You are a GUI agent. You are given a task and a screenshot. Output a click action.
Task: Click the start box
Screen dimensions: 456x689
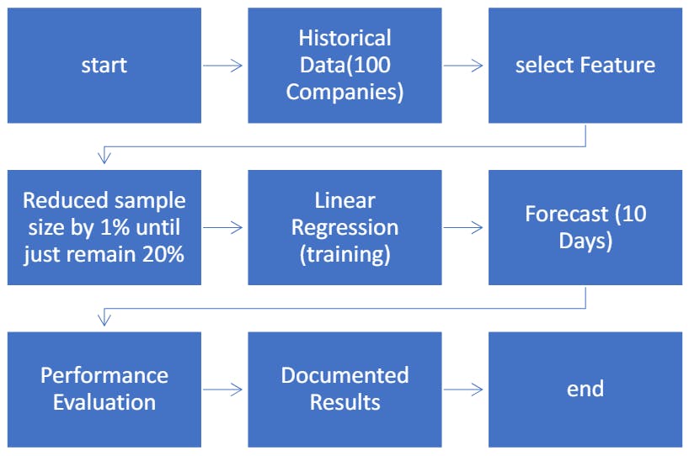click(104, 66)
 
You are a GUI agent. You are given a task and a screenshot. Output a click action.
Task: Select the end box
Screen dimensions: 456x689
click(585, 389)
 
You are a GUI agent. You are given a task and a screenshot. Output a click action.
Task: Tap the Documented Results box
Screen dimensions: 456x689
click(344, 389)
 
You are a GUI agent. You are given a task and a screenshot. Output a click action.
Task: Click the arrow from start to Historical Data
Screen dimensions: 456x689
click(224, 66)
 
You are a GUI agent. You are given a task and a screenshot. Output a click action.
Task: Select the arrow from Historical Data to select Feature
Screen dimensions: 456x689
click(464, 66)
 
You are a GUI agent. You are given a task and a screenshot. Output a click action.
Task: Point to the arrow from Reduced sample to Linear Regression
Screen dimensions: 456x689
click(224, 227)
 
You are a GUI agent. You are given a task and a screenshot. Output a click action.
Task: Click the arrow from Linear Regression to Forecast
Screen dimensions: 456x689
click(464, 227)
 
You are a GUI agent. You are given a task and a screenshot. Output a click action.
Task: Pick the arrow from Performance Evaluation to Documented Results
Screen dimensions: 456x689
click(224, 389)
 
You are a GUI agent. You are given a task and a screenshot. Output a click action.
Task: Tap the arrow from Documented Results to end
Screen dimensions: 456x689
click(464, 389)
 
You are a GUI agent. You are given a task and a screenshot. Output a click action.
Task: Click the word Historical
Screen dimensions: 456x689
click(344, 39)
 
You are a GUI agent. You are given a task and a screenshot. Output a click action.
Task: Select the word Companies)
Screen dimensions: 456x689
click(344, 92)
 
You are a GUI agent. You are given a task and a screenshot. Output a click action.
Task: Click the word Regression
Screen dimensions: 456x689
click(344, 227)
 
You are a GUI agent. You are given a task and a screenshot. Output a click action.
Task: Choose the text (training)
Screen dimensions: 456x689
click(344, 254)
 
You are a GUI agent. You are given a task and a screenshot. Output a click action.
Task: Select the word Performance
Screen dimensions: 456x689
click(104, 375)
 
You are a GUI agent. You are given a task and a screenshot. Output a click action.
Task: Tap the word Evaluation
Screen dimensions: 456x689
click(104, 402)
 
